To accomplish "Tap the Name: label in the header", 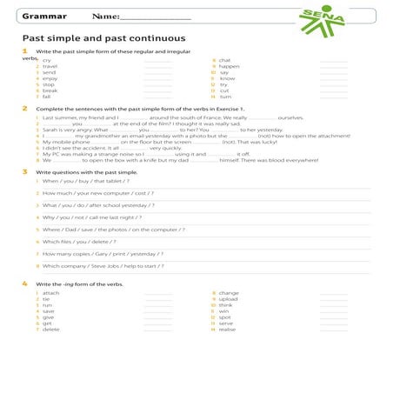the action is tap(106, 17).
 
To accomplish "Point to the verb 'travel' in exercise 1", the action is tap(50, 66).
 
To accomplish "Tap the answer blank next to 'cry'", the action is tap(157, 60).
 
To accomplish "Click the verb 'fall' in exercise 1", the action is tap(46, 97).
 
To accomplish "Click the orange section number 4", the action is tap(24, 284).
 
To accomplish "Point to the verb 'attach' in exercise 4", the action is tap(50, 293).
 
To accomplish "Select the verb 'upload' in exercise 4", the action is tap(229, 299).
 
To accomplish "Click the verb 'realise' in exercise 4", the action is tap(228, 330).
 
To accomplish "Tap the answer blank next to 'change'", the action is tap(334, 293).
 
